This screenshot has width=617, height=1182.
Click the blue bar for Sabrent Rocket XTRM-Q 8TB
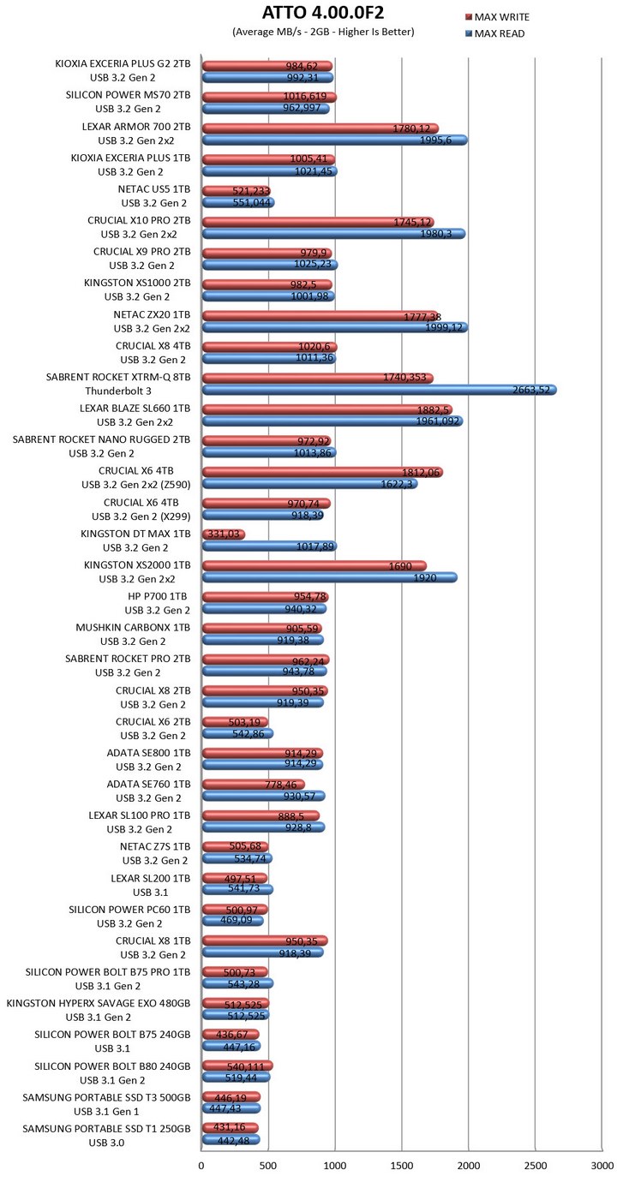(x=377, y=391)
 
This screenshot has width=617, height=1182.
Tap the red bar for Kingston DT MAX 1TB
(x=223, y=535)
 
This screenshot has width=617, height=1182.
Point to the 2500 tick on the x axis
(x=536, y=1165)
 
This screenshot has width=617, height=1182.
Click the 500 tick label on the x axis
(x=268, y=1165)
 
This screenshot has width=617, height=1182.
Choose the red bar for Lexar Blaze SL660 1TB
(x=326, y=409)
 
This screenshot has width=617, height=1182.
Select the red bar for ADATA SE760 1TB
(x=252, y=785)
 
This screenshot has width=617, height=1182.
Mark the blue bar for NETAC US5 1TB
(x=237, y=203)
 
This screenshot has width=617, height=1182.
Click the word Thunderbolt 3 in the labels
(x=143, y=391)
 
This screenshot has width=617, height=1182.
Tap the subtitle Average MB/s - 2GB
(x=323, y=32)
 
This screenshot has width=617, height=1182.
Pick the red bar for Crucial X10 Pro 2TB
(x=317, y=222)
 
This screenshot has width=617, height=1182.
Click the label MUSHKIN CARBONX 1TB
(x=129, y=628)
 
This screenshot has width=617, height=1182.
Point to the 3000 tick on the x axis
(x=602, y=1165)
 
